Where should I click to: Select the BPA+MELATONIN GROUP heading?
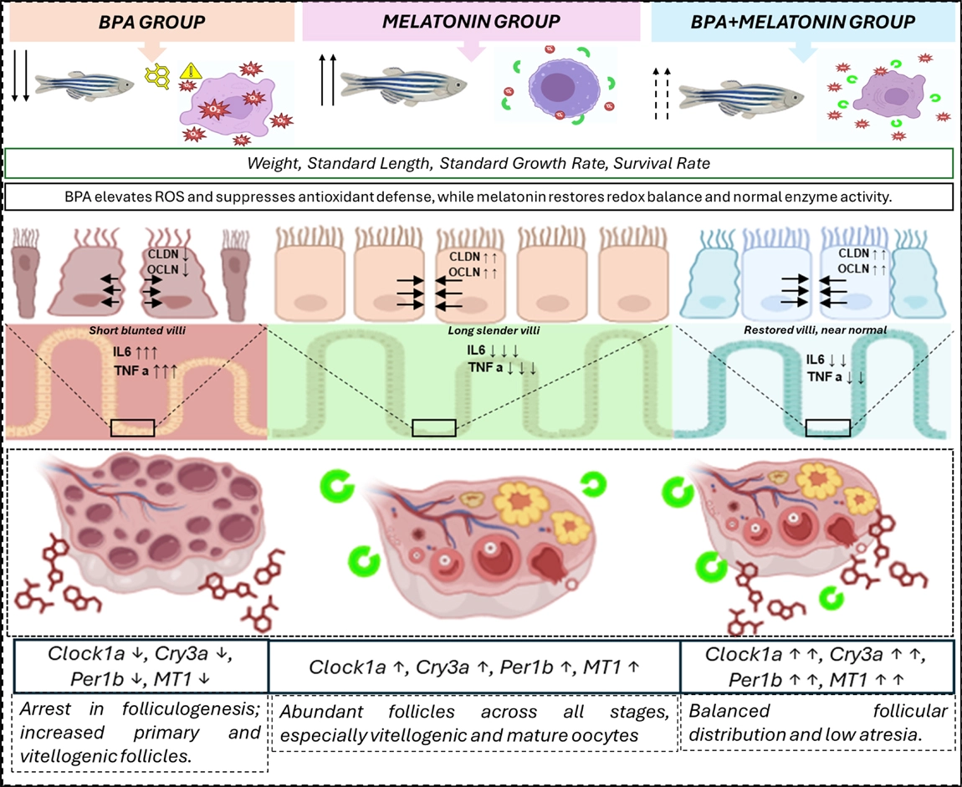coord(803,21)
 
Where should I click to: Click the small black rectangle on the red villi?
coord(133,427)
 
